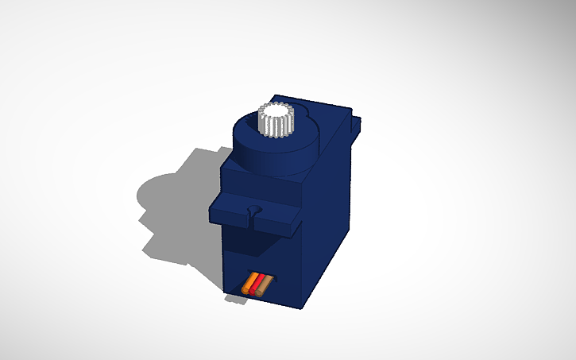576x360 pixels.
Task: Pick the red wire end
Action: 257,285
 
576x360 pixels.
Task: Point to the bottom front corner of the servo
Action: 300,307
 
